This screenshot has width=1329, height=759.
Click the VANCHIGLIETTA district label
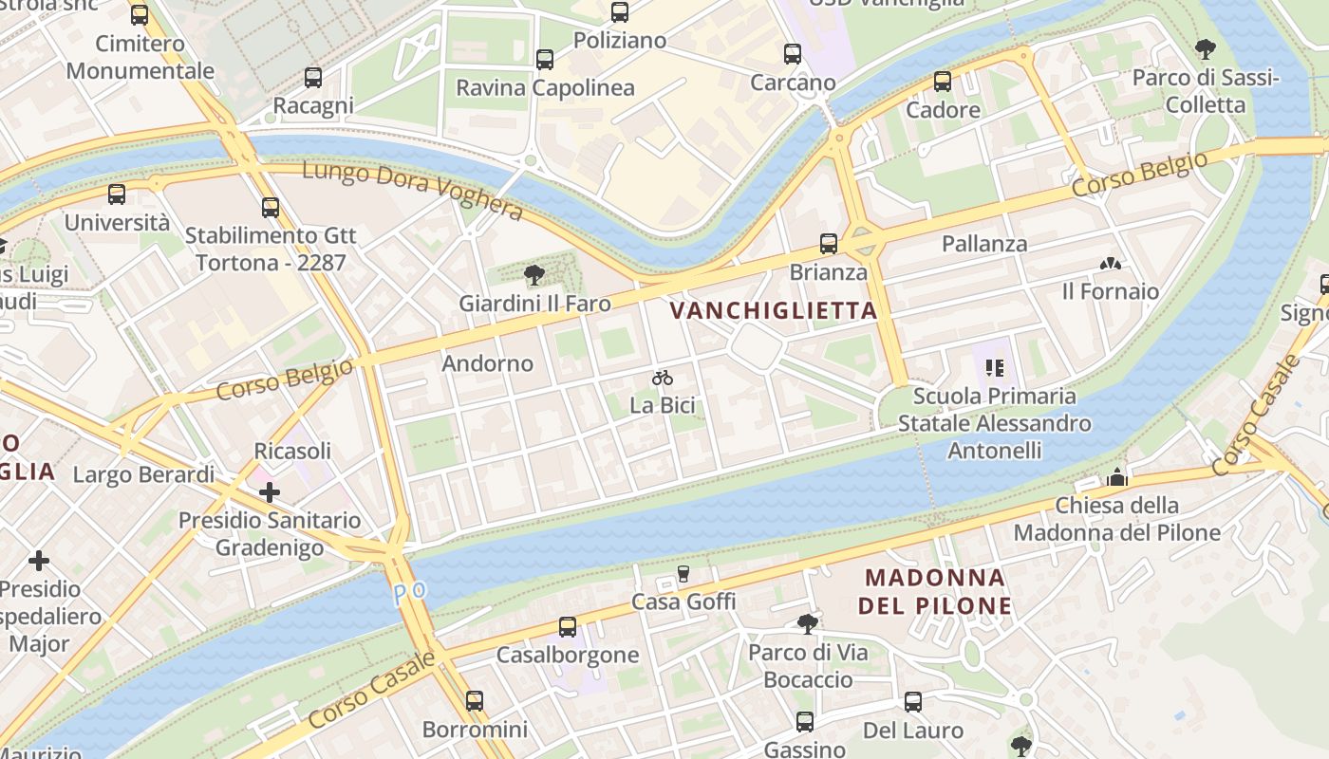point(774,310)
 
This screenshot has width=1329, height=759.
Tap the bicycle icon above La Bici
point(663,378)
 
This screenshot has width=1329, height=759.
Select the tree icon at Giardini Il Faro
point(534,275)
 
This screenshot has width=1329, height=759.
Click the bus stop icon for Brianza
point(829,244)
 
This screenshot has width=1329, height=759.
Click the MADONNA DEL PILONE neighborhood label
point(935,591)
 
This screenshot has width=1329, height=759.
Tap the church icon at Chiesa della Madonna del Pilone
point(1117,477)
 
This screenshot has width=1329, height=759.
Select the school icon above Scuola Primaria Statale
point(994,367)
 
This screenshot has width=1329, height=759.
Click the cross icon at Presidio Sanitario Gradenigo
point(270,491)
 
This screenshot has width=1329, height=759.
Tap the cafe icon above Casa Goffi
point(683,573)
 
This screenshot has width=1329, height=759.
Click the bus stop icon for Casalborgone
point(568,627)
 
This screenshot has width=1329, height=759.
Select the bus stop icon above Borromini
point(475,701)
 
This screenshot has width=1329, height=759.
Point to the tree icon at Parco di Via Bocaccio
point(807,623)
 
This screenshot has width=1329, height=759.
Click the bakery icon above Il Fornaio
point(1110,263)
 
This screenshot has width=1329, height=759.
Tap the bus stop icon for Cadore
point(943,82)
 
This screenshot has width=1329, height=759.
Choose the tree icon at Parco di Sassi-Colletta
point(1206,48)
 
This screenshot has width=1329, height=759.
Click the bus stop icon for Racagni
point(313,78)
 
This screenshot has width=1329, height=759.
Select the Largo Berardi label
point(143,474)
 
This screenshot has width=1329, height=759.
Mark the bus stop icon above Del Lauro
point(913,702)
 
